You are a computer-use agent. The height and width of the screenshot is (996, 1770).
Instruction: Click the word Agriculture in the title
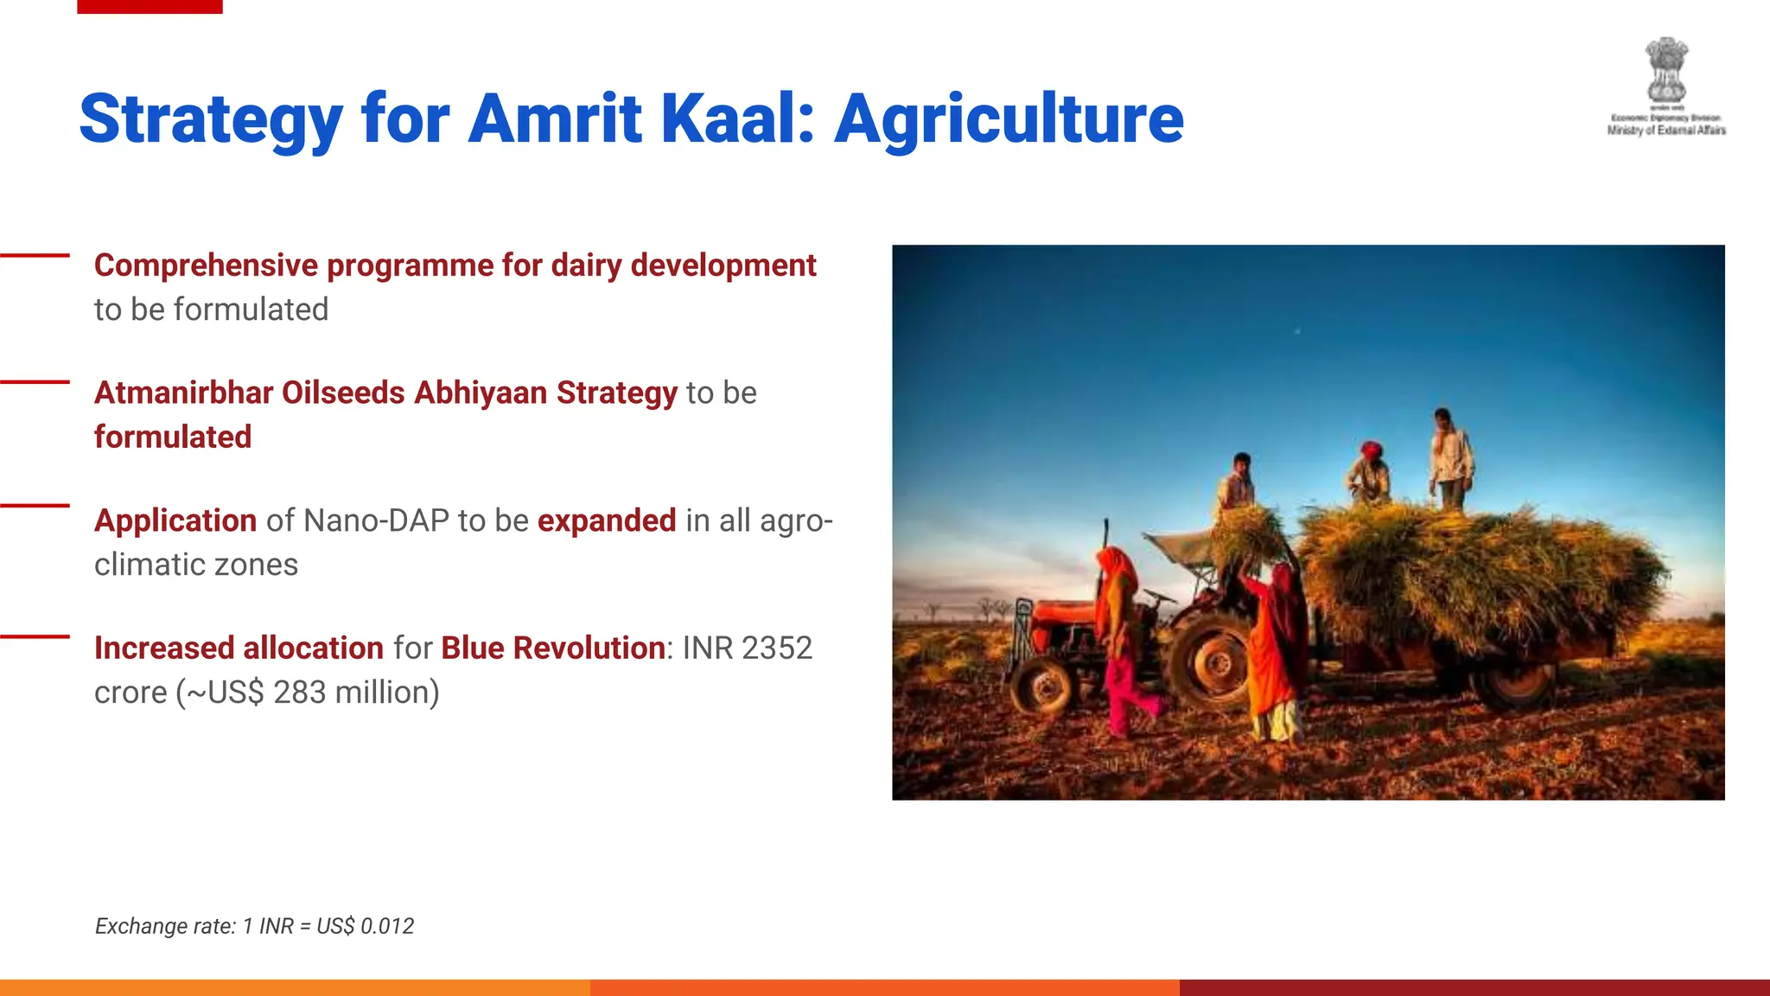tap(1009, 119)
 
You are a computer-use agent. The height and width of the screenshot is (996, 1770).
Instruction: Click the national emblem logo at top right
tap(1665, 69)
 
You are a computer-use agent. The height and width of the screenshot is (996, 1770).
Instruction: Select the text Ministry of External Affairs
tap(1665, 131)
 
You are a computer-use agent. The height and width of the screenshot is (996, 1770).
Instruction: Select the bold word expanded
tap(607, 520)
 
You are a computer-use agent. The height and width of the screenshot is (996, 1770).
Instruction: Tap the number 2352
tap(776, 648)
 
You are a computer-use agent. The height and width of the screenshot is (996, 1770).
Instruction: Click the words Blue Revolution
tap(552, 648)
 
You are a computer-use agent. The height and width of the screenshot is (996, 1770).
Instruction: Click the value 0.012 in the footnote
tap(386, 926)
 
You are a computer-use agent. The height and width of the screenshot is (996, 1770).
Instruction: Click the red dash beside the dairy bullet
tap(35, 255)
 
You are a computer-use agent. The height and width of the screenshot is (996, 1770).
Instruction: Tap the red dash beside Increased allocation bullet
tap(35, 637)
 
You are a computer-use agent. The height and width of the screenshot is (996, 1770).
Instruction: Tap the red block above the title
tap(150, 6)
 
